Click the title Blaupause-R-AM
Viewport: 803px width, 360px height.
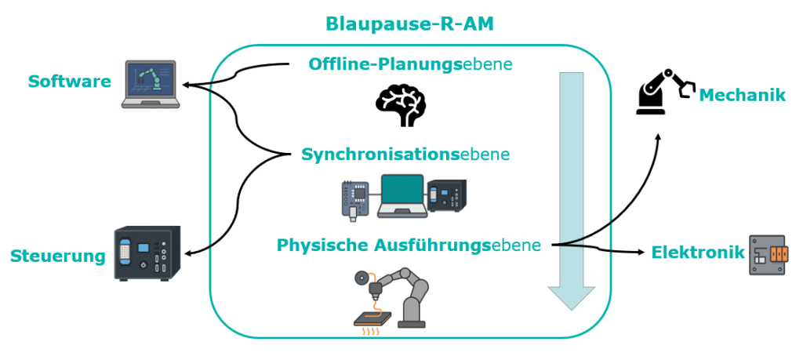point(409,24)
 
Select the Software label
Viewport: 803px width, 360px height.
point(70,82)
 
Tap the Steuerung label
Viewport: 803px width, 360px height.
point(58,256)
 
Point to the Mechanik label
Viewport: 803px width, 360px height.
point(742,95)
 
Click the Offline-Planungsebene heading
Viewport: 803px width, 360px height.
point(410,64)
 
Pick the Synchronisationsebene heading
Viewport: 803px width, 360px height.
point(405,155)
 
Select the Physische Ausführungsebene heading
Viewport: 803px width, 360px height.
point(409,245)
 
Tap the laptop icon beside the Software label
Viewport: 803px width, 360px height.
point(151,84)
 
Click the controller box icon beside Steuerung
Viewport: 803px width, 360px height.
point(147,253)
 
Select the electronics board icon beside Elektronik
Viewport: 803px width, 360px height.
point(767,255)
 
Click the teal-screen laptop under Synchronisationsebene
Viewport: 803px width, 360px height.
point(402,196)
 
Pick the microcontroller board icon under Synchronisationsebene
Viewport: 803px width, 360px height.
point(355,200)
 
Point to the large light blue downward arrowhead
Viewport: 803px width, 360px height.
point(572,298)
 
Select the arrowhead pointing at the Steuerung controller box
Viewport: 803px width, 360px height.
point(187,253)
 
